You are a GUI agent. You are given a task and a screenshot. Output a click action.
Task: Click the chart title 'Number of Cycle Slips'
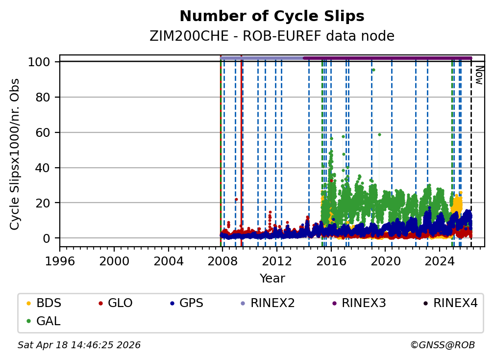[272, 17]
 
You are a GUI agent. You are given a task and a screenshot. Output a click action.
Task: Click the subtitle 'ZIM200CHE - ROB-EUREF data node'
[272, 36]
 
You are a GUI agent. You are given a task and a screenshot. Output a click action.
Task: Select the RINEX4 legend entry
[455, 303]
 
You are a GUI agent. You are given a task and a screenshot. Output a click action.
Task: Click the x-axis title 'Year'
[272, 279]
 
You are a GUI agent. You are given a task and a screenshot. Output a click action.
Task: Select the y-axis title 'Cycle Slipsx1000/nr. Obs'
[15, 154]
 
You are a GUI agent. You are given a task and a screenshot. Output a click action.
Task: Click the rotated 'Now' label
[479, 76]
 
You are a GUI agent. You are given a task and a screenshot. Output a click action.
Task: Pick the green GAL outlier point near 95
[373, 70]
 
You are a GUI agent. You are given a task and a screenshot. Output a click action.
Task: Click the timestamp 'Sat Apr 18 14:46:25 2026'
[79, 345]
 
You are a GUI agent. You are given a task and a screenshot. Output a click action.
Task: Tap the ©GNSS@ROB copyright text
[443, 345]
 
